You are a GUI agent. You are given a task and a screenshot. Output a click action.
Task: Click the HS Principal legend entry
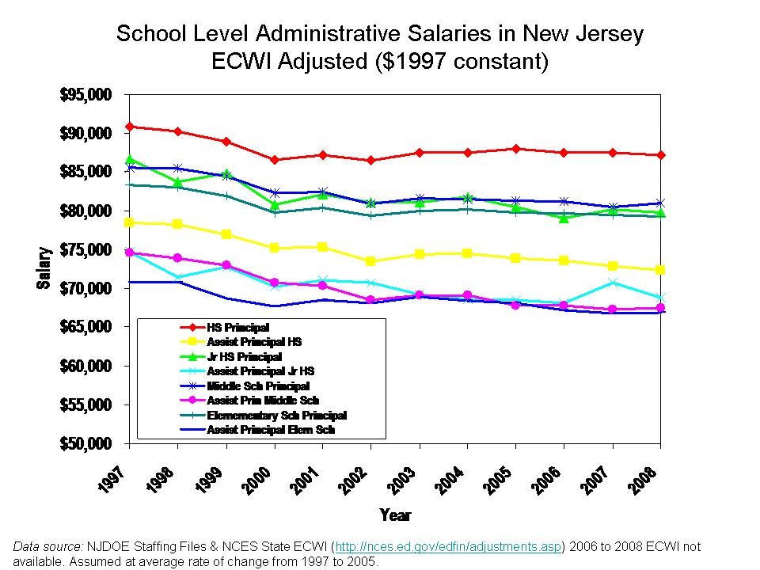[x=237, y=327]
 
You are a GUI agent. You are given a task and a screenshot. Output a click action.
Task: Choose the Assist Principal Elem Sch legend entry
[x=271, y=430]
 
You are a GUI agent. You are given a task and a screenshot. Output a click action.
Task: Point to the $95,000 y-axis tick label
[x=86, y=95]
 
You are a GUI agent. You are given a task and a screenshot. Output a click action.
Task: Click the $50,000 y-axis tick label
[x=86, y=444]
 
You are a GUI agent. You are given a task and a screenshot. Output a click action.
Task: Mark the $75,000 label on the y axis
[x=86, y=250]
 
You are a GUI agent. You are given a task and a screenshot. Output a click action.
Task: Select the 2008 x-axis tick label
[x=650, y=476]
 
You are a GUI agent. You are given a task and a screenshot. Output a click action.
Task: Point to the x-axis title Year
[x=395, y=515]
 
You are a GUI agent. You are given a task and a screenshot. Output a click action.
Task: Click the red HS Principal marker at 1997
[x=130, y=127]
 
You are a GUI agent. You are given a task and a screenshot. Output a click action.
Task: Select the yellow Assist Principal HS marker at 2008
[x=660, y=270]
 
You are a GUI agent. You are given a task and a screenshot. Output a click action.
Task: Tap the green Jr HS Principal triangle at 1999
[x=227, y=173]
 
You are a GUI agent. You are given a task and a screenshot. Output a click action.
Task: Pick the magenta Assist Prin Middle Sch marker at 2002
[x=370, y=300]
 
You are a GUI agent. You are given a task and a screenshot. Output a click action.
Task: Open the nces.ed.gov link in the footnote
[x=448, y=547]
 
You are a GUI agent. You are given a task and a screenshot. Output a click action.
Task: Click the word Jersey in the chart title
[x=606, y=34]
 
